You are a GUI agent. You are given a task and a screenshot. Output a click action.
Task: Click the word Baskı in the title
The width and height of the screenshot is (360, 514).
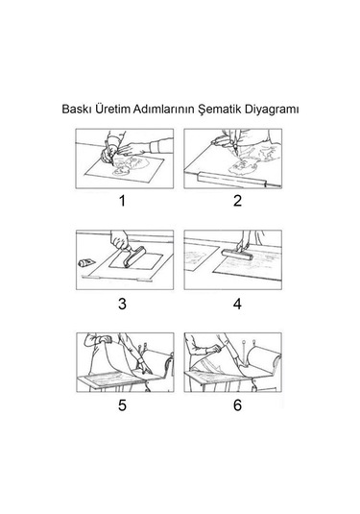(76, 109)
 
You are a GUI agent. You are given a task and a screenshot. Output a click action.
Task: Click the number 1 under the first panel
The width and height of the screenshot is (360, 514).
(122, 202)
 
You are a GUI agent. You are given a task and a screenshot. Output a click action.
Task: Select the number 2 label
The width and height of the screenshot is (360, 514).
(236, 202)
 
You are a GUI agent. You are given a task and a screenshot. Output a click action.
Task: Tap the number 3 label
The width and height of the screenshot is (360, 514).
(122, 305)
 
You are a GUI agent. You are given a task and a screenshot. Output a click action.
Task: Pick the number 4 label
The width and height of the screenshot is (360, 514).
(236, 305)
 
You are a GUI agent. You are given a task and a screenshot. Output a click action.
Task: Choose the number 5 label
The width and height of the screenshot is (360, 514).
(122, 406)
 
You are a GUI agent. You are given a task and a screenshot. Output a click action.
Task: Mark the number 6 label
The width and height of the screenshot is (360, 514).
(236, 406)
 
